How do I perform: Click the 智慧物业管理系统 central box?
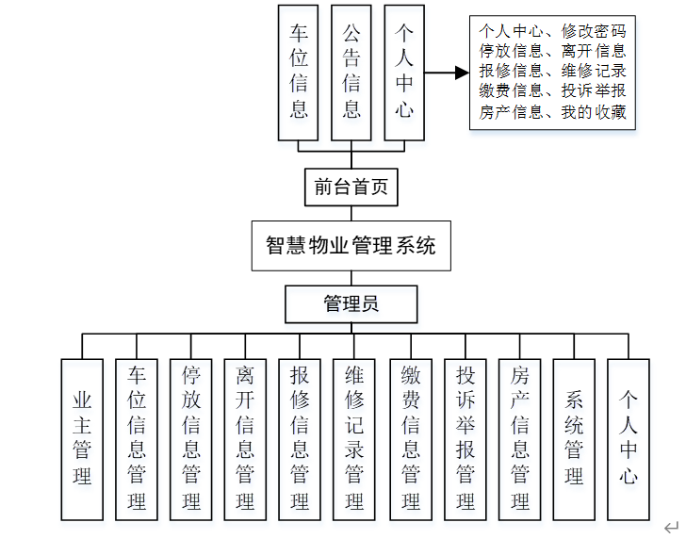pyautogui.click(x=351, y=246)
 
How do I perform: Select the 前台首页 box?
pyautogui.click(x=351, y=188)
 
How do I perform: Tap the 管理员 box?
pyautogui.click(x=351, y=303)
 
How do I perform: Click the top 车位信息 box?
pyautogui.click(x=299, y=72)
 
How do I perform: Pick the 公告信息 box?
pyautogui.click(x=351, y=72)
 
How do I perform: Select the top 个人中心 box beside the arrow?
pyautogui.click(x=404, y=72)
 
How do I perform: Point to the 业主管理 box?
pyautogui.click(x=82, y=438)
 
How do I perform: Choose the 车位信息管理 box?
pyautogui.click(x=137, y=438)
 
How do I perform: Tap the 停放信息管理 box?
pyautogui.click(x=191, y=438)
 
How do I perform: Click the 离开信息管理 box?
pyautogui.click(x=246, y=438)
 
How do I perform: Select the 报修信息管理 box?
pyautogui.click(x=301, y=438)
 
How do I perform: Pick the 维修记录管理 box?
pyautogui.click(x=354, y=438)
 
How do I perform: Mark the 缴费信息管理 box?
pyautogui.click(x=411, y=438)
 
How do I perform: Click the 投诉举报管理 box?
pyautogui.click(x=465, y=438)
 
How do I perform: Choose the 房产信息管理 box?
pyautogui.click(x=520, y=438)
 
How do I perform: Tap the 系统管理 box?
pyautogui.click(x=575, y=438)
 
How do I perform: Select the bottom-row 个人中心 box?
pyautogui.click(x=629, y=438)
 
